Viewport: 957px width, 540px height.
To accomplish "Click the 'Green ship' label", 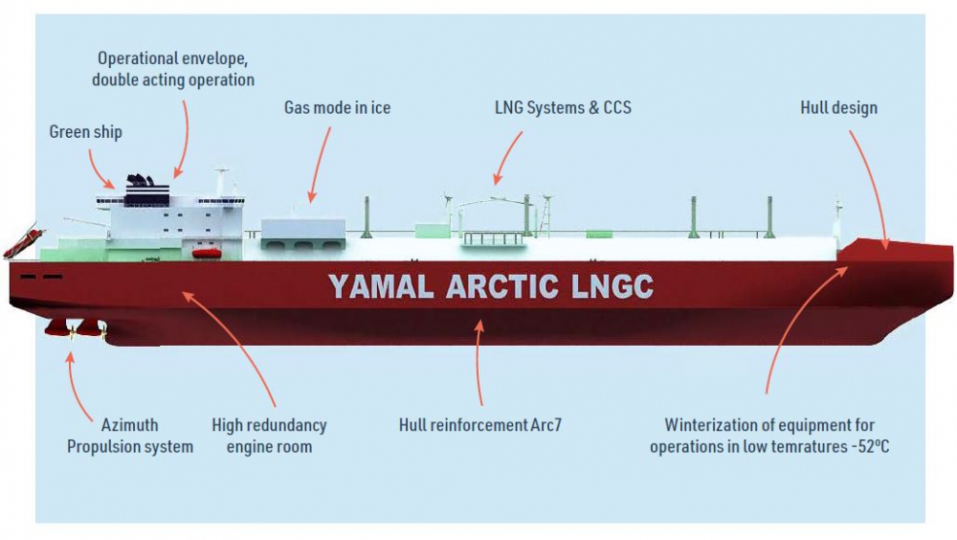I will [85, 132].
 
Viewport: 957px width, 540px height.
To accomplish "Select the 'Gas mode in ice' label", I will [337, 107].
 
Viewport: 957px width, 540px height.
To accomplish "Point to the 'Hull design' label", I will [838, 107].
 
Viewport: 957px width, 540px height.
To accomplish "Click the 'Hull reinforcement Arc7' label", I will [479, 424].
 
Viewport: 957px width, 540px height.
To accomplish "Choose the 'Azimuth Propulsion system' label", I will [129, 436].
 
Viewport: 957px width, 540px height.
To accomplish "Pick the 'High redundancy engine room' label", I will [269, 436].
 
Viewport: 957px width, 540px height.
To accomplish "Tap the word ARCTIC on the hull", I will [503, 286].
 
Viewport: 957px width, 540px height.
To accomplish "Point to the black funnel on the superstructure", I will [140, 182].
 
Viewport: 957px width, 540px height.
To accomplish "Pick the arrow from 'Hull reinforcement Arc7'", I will [479, 368].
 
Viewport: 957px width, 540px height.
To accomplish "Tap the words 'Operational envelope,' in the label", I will [172, 58].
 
